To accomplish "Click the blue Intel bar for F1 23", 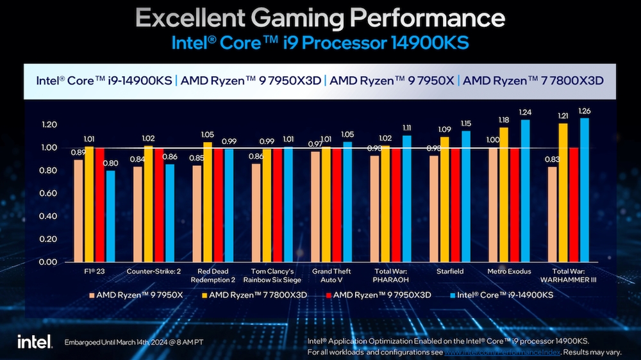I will pyautogui.click(x=111, y=216).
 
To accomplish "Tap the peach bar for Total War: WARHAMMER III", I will pyautogui.click(x=551, y=214).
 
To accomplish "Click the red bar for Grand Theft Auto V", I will pyautogui.click(x=337, y=205).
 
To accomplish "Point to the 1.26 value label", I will pyautogui.click(x=585, y=111).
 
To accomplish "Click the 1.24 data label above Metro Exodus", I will pyautogui.click(x=526, y=113).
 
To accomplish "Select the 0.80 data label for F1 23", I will pyautogui.click(x=111, y=163).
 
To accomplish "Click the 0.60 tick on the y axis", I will pyautogui.click(x=49, y=193).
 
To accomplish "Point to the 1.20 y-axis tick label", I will pyautogui.click(x=49, y=124).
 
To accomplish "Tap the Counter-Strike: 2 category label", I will pyautogui.click(x=154, y=272).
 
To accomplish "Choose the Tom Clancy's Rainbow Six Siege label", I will pyautogui.click(x=272, y=275).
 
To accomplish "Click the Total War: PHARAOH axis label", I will pyautogui.click(x=391, y=275).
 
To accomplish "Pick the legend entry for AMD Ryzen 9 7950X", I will pyautogui.click(x=136, y=295).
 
